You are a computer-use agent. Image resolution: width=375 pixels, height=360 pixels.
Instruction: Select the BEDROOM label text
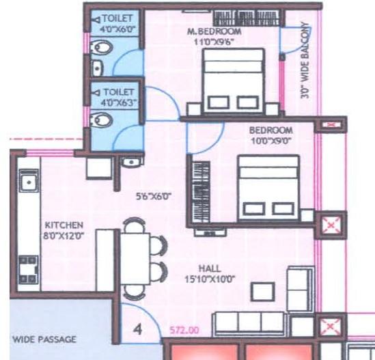tap(270, 130)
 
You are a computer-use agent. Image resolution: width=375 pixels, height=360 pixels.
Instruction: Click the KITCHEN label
tap(64, 225)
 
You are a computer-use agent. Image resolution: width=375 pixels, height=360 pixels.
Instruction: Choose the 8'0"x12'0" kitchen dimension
tap(64, 236)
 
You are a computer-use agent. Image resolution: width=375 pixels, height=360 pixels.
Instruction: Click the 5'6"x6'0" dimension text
tap(153, 196)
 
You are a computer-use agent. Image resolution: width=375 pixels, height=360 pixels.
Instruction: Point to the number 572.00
tap(185, 330)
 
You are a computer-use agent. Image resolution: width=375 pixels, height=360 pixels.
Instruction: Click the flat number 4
tap(137, 329)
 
